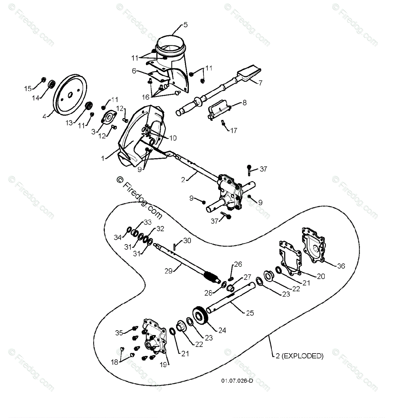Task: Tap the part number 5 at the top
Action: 185,25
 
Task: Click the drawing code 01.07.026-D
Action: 237,381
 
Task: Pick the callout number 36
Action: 341,266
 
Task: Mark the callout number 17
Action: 233,131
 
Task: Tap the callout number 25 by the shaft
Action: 249,313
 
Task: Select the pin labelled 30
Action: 176,246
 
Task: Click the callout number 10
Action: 172,138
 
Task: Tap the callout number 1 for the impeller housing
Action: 103,158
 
